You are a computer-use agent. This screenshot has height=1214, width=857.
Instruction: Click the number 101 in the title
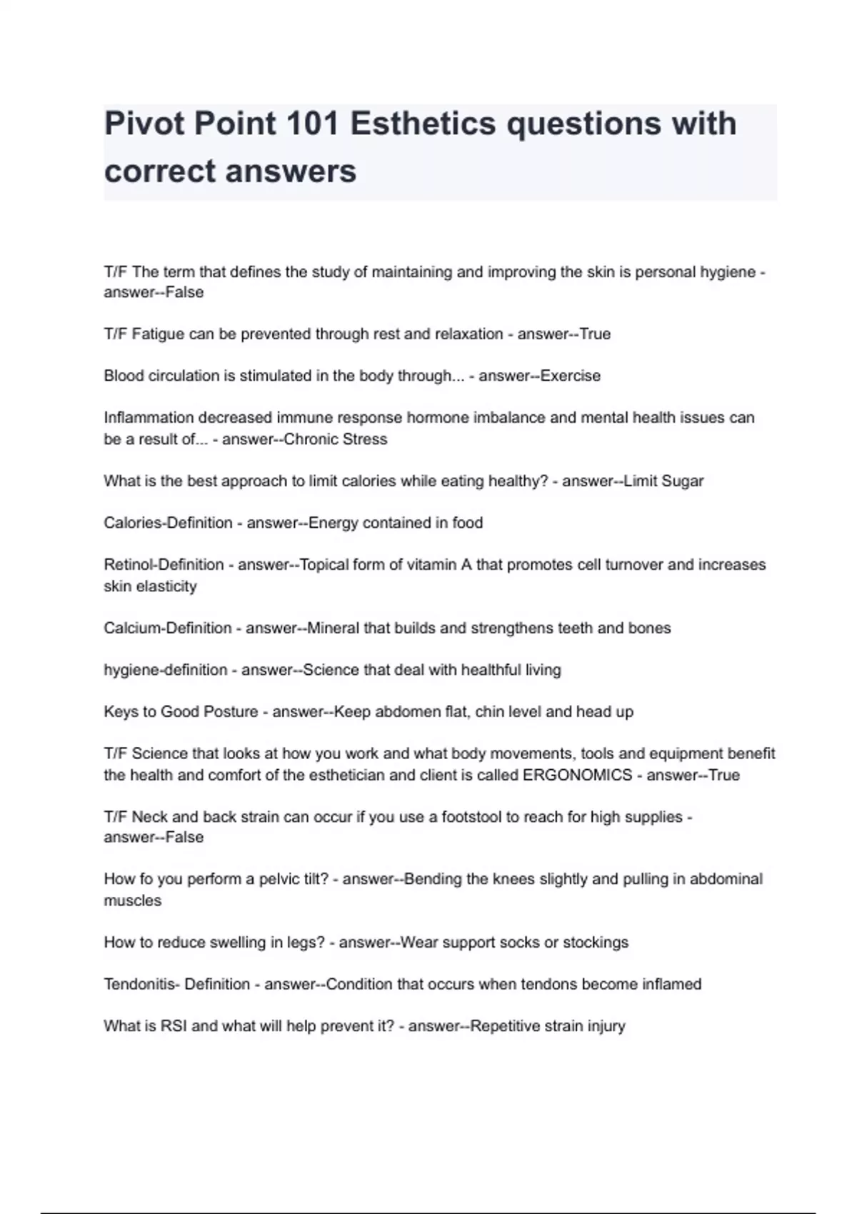pos(312,124)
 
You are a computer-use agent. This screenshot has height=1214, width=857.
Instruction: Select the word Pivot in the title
pos(144,124)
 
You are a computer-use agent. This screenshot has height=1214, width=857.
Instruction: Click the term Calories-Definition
pos(168,523)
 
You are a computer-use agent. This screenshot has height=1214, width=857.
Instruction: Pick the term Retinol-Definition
pos(164,565)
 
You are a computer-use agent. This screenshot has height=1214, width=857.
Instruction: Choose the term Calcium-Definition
pos(168,628)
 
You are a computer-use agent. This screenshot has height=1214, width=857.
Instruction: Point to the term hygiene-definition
pos(165,671)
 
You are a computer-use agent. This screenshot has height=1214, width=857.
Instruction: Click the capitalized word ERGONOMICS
pos(577,776)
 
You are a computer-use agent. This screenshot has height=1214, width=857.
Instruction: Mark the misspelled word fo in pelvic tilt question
pos(140,879)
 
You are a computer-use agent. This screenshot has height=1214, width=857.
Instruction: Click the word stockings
pos(596,943)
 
